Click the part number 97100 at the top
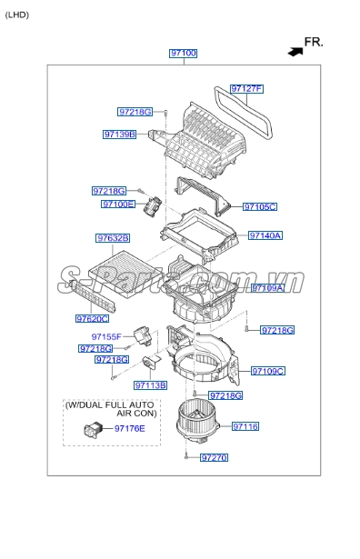[x=183, y=54]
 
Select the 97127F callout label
[x=245, y=89]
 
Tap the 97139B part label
[x=119, y=135]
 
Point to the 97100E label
[x=118, y=205]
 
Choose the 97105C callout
[x=260, y=207]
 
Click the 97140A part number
[x=265, y=235]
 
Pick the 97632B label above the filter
[x=114, y=238]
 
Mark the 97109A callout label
[x=268, y=287]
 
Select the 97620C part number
[x=92, y=319]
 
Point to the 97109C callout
[x=268, y=371]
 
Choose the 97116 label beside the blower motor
[x=245, y=425]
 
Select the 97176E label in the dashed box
[x=129, y=428]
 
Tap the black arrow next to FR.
[x=294, y=52]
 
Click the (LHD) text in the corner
[x=16, y=15]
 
